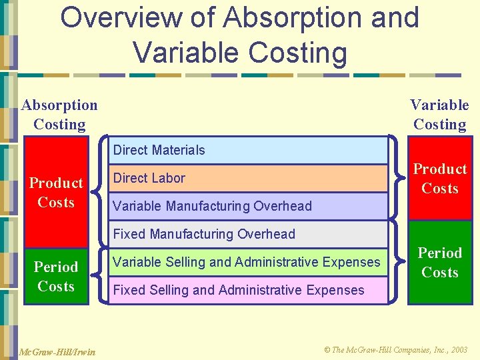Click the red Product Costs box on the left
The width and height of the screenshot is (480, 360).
coord(57,192)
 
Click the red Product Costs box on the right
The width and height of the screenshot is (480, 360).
coord(440,179)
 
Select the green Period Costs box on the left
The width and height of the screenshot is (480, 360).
coord(57,276)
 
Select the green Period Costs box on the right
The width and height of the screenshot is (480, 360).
coord(440,263)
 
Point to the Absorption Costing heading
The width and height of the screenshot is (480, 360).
coord(59,115)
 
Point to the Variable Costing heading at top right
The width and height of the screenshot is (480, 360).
coord(439,115)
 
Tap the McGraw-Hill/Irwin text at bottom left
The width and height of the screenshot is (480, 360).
coord(56,351)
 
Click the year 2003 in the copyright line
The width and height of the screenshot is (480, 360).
coord(459,349)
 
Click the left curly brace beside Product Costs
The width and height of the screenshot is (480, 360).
coord(101,193)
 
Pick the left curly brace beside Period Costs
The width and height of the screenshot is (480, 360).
coord(101,276)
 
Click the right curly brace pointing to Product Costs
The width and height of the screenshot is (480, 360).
coord(397,178)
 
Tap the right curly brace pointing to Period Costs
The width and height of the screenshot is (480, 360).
coord(397,262)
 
